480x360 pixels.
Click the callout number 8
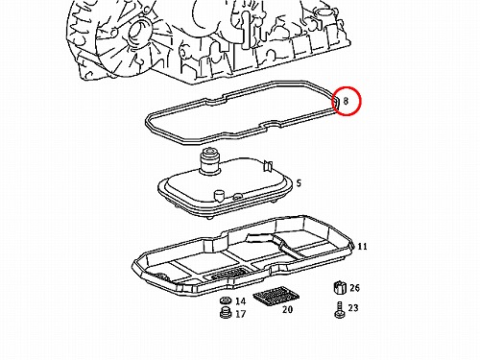tap(346, 101)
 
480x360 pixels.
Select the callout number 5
tap(299, 183)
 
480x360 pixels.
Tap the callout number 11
tap(362, 247)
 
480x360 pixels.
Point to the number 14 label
tap(241, 301)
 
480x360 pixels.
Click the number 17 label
tap(241, 314)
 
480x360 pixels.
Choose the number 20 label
tap(287, 310)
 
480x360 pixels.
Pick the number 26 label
tap(354, 288)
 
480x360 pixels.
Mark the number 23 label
tap(353, 308)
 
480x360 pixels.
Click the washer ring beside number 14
tap(226, 300)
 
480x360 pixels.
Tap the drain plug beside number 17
tap(226, 313)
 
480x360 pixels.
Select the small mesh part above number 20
tap(276, 296)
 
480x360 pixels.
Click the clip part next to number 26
tap(340, 288)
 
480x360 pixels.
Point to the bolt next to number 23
tap(340, 310)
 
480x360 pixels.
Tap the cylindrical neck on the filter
tap(209, 161)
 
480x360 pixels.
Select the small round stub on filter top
tap(219, 195)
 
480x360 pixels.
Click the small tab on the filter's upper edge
tap(268, 165)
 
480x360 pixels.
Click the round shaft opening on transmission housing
tap(138, 33)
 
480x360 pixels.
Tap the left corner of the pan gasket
tap(147, 122)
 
